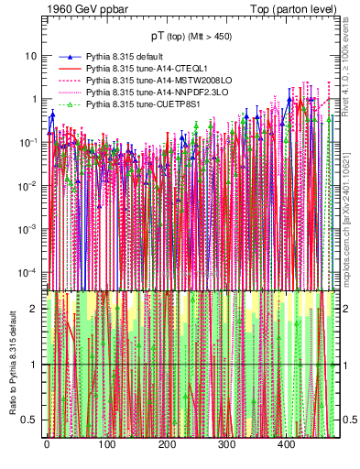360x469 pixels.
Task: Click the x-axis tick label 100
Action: pos(106,444)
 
